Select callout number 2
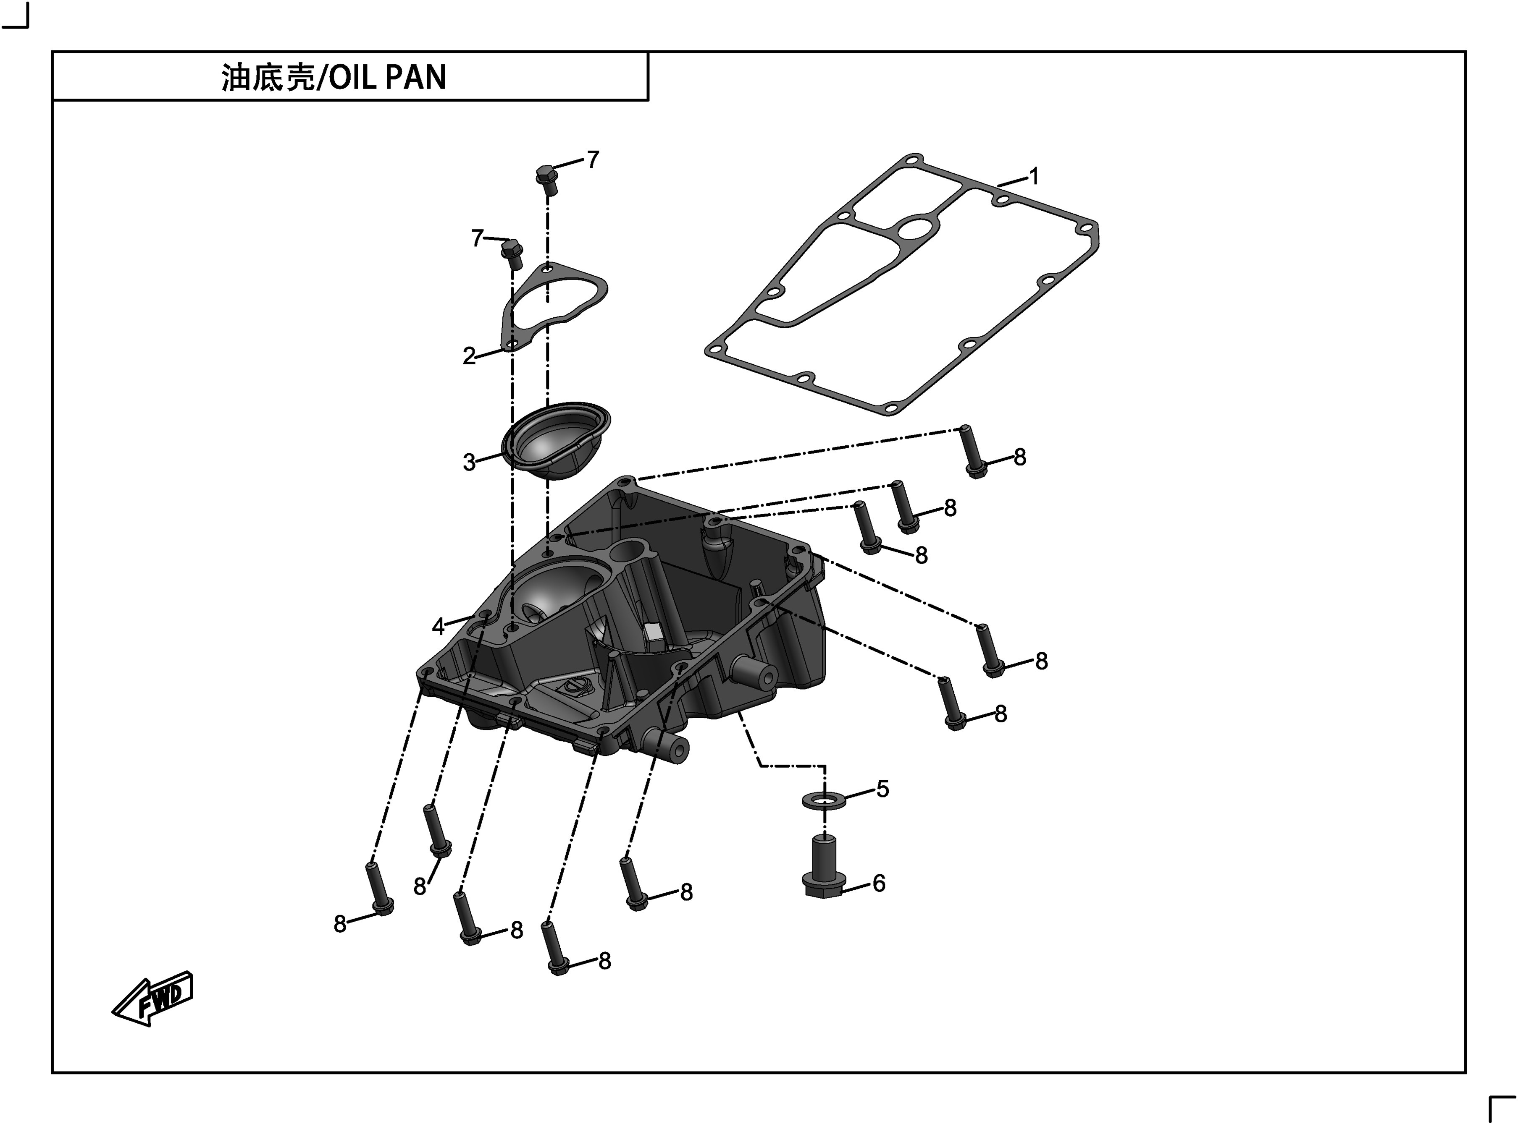469,356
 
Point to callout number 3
469,463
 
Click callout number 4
439,627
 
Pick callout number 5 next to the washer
882,789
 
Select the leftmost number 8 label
340,924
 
